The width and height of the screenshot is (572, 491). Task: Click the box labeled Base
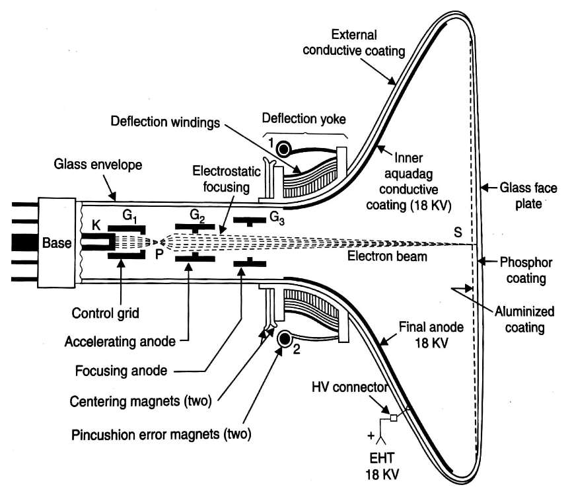57,243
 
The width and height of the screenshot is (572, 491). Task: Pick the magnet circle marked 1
285,148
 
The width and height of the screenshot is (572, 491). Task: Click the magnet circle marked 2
285,339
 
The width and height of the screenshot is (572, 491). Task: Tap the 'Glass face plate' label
522,194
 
